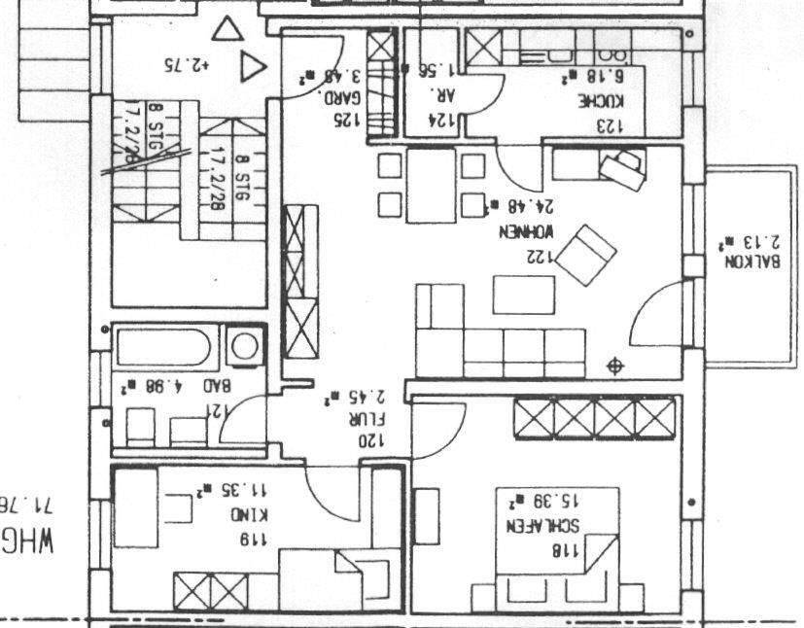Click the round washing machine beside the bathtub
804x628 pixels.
tap(245, 345)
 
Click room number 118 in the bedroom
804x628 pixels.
tap(565, 550)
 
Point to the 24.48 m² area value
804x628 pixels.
tap(522, 206)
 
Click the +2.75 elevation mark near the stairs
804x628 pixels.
tap(188, 66)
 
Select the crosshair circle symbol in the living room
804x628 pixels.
tap(613, 366)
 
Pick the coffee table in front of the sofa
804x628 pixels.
tap(524, 295)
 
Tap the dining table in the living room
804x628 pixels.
tap(431, 185)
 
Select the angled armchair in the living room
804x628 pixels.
tap(586, 255)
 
